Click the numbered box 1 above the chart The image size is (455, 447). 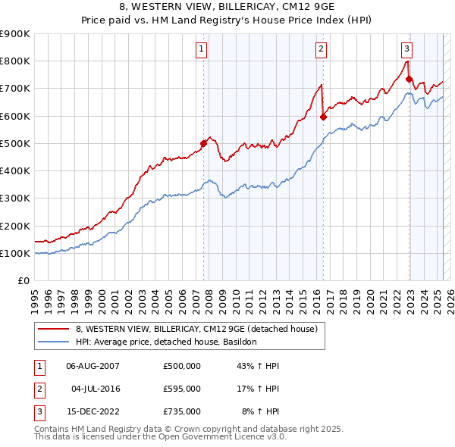click(x=202, y=49)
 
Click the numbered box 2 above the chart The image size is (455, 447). click(x=322, y=49)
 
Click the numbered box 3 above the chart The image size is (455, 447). click(x=406, y=49)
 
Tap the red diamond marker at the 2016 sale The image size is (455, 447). click(x=323, y=117)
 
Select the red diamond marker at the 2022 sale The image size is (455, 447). click(x=409, y=79)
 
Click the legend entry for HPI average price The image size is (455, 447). click(x=166, y=342)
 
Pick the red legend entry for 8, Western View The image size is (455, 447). click(x=200, y=328)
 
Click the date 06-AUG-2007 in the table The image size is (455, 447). click(x=93, y=366)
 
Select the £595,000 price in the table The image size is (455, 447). click(x=181, y=389)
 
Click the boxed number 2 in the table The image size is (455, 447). click(x=38, y=389)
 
